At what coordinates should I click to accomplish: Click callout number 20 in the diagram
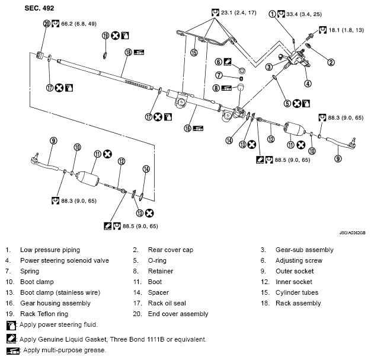point(47,24)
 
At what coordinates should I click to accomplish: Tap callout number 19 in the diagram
point(105,36)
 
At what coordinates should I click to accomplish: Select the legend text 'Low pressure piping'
point(50,250)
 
